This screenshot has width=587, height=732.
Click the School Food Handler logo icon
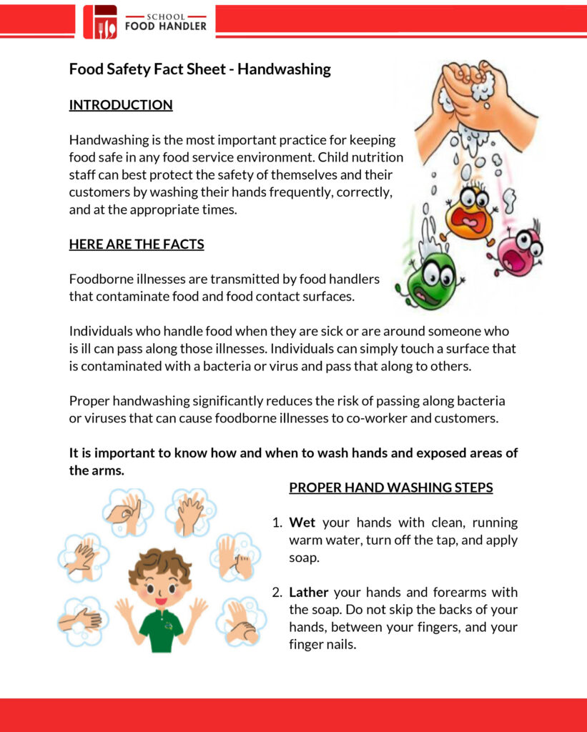point(99,22)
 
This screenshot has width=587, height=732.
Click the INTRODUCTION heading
point(121,105)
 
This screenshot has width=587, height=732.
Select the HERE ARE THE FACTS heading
point(137,244)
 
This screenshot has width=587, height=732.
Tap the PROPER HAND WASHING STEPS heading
point(390,488)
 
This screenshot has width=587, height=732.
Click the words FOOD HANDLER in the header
point(165,26)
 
